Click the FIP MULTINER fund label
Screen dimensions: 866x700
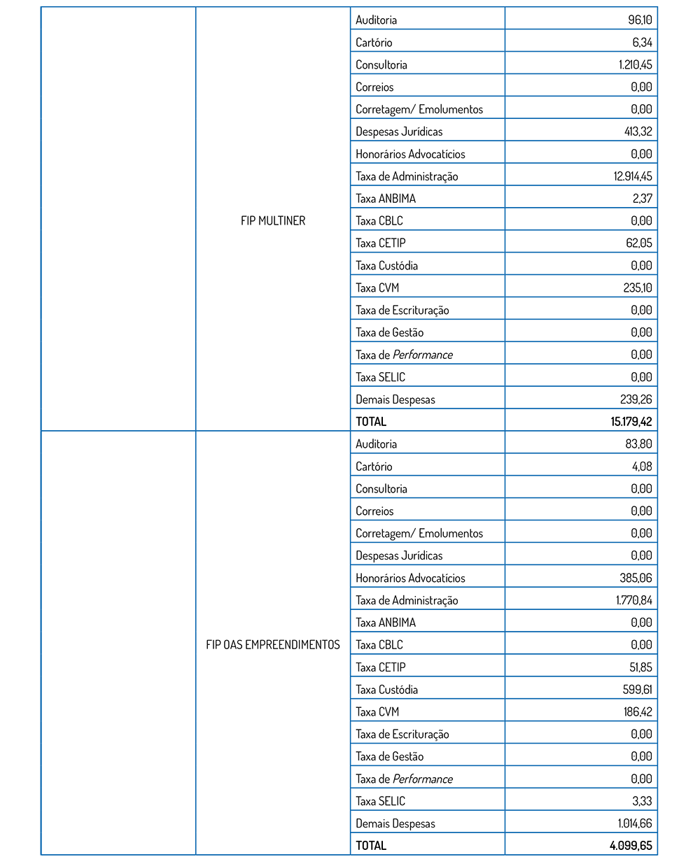point(273,220)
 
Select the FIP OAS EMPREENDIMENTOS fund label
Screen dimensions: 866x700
point(273,644)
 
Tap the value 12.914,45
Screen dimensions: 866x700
point(633,176)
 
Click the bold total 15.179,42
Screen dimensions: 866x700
point(631,421)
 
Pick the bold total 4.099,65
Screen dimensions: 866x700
point(631,845)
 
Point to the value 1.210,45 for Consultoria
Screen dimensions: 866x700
point(635,64)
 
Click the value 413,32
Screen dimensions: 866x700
point(638,132)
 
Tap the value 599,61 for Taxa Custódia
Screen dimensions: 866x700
point(637,689)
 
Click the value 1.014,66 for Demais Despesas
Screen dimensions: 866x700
point(635,823)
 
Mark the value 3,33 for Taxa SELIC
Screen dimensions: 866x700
point(642,801)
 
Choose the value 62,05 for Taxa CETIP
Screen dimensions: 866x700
point(639,243)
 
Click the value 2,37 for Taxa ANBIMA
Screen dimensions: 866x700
point(643,198)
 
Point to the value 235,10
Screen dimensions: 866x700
point(637,288)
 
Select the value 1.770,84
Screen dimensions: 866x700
point(634,600)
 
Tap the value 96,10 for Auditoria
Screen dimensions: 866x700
point(640,20)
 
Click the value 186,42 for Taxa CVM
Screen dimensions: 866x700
point(638,711)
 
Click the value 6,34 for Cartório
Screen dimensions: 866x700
point(643,42)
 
